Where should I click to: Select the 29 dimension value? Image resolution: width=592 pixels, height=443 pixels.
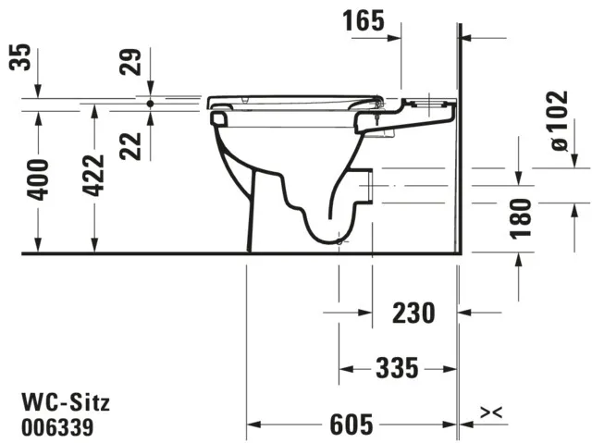[x=135, y=64]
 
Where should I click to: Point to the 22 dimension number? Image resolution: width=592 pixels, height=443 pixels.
[x=135, y=143]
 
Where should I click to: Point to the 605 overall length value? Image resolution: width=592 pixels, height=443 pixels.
[x=351, y=425]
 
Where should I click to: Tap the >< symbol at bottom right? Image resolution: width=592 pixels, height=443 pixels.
[x=491, y=411]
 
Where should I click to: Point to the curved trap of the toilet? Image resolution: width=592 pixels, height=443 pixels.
[x=324, y=222]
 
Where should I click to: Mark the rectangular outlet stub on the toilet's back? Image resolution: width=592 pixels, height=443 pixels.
[x=368, y=185]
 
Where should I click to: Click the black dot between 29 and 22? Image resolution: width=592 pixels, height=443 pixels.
[x=150, y=104]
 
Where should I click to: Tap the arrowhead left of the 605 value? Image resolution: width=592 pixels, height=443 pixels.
[x=253, y=425]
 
